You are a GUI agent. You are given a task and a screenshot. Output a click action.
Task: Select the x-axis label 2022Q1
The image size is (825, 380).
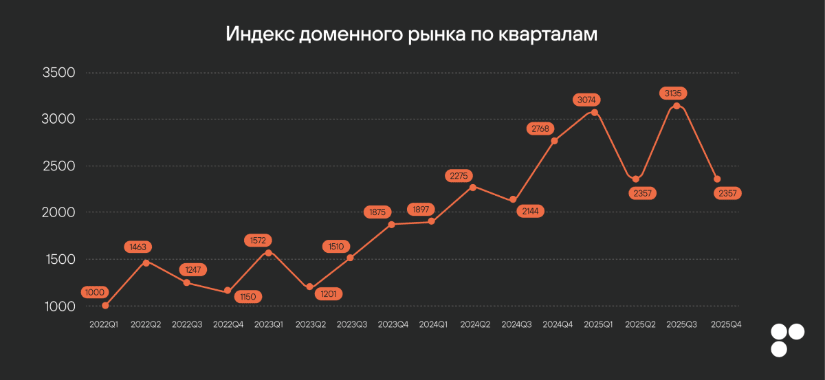tap(104, 324)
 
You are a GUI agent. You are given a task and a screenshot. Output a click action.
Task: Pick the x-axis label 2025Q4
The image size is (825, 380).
tap(725, 324)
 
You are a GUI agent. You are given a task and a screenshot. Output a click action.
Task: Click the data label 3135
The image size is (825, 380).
tap(674, 93)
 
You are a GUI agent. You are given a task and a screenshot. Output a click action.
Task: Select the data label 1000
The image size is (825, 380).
tap(93, 292)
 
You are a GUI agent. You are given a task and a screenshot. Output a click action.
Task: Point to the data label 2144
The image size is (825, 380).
tap(529, 212)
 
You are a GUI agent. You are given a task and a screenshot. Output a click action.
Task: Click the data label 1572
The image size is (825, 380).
tap(258, 241)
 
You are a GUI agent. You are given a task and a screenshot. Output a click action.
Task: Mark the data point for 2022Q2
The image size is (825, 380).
tap(146, 262)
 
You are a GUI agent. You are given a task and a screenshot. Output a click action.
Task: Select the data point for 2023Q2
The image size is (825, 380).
tap(309, 287)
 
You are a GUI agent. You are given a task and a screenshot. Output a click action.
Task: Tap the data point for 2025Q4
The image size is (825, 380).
tap(717, 179)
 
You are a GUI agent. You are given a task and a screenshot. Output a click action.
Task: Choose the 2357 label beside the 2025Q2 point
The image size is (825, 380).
tap(643, 193)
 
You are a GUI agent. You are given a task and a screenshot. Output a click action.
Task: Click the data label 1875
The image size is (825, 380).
tap(377, 212)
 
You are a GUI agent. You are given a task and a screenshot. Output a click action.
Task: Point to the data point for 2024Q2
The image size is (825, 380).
tap(472, 187)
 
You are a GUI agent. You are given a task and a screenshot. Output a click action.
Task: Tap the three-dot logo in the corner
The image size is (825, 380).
tap(787, 340)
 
